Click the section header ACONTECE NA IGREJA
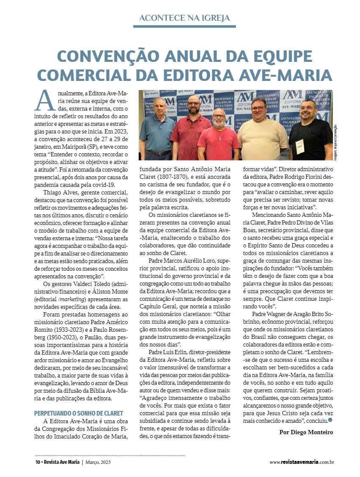185,18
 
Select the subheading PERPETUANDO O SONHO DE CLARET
78,413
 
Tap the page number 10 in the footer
37,462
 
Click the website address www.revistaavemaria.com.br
302,462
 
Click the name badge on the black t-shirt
300,146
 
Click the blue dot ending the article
330,420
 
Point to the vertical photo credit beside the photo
335,142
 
